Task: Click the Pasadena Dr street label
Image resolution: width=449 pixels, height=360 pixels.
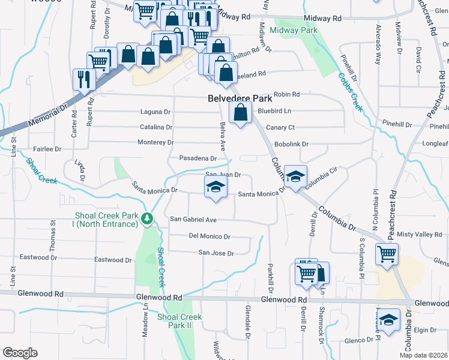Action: point(197,158)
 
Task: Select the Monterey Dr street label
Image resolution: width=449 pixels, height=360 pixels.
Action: point(155,142)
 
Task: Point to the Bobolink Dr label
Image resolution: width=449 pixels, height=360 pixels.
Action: point(291,145)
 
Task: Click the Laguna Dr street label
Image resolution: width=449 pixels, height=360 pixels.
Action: point(155,112)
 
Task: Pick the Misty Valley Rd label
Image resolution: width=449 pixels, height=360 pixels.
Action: point(423,234)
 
